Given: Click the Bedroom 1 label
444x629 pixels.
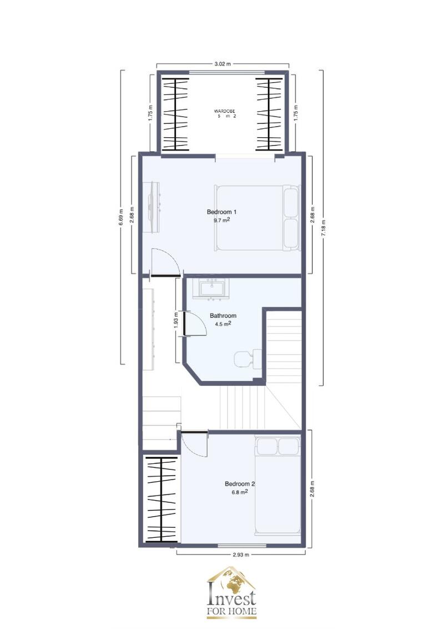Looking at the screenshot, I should (x=222, y=212).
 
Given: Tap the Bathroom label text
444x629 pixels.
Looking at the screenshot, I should (x=223, y=316).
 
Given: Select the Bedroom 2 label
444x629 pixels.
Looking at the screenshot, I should (x=240, y=483).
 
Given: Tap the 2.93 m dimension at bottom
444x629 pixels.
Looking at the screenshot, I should (x=240, y=555).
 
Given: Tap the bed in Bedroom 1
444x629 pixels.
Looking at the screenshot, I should (x=256, y=217).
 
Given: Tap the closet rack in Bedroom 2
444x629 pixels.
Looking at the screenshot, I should (x=161, y=499).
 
